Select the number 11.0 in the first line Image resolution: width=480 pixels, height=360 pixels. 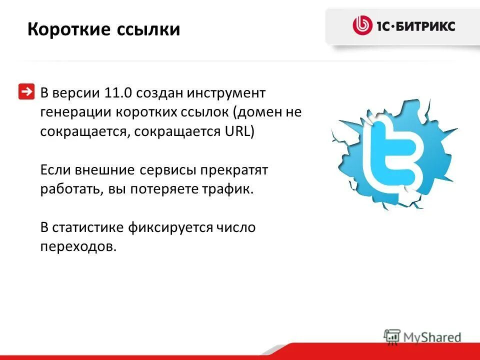tap(118, 92)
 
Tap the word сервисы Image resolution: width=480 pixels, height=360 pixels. tap(168, 170)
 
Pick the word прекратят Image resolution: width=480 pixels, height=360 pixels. tap(234, 170)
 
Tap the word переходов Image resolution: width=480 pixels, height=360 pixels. tap(78, 247)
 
